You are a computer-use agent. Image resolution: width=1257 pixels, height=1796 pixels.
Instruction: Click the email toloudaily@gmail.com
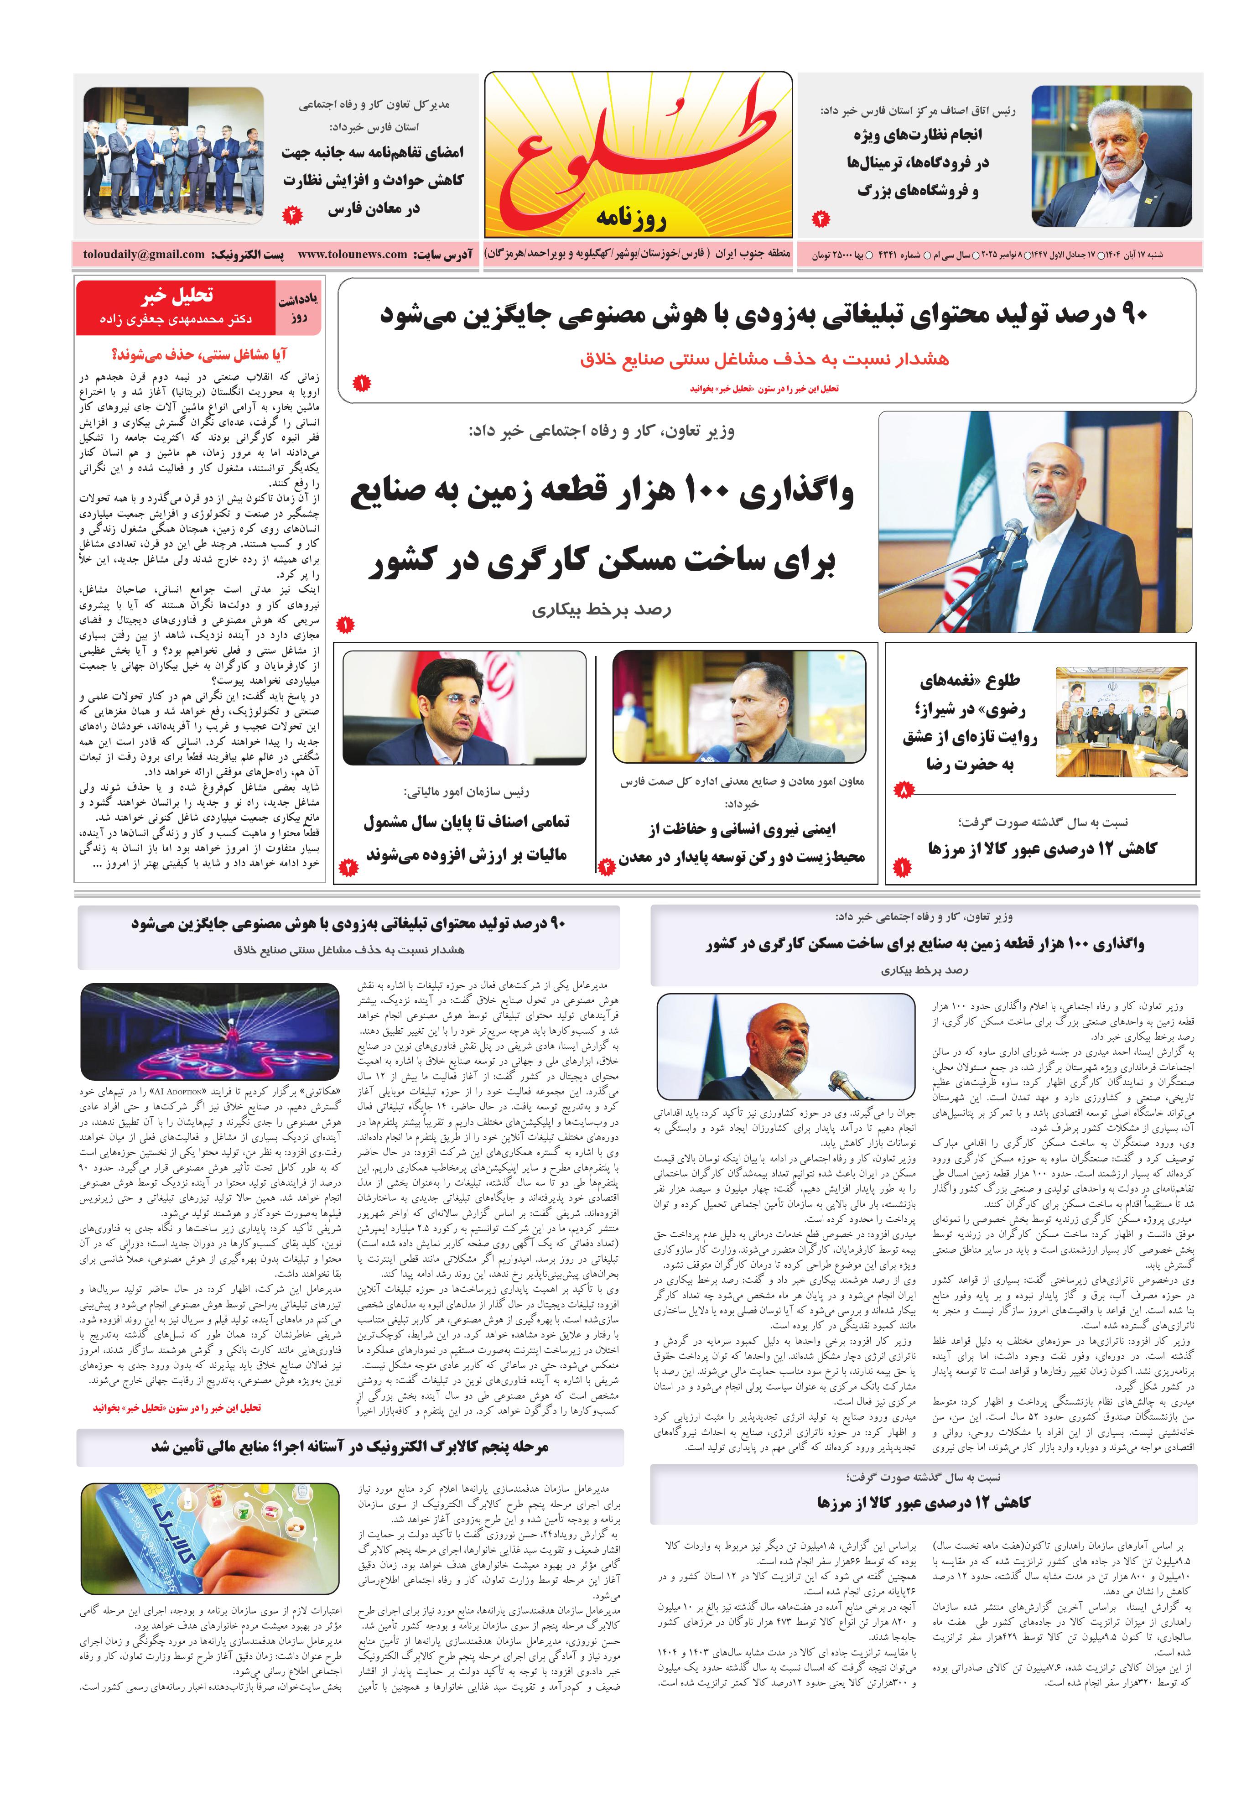(x=144, y=254)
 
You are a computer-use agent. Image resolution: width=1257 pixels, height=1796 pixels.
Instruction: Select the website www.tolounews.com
(x=352, y=254)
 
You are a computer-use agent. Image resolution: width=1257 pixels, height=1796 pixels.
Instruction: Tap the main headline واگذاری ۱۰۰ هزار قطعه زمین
(x=603, y=493)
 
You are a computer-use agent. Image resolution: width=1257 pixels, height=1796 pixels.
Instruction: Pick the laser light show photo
(x=210, y=1031)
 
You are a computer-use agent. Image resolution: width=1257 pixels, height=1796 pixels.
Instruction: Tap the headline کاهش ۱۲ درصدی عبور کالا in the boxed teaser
(x=1041, y=849)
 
